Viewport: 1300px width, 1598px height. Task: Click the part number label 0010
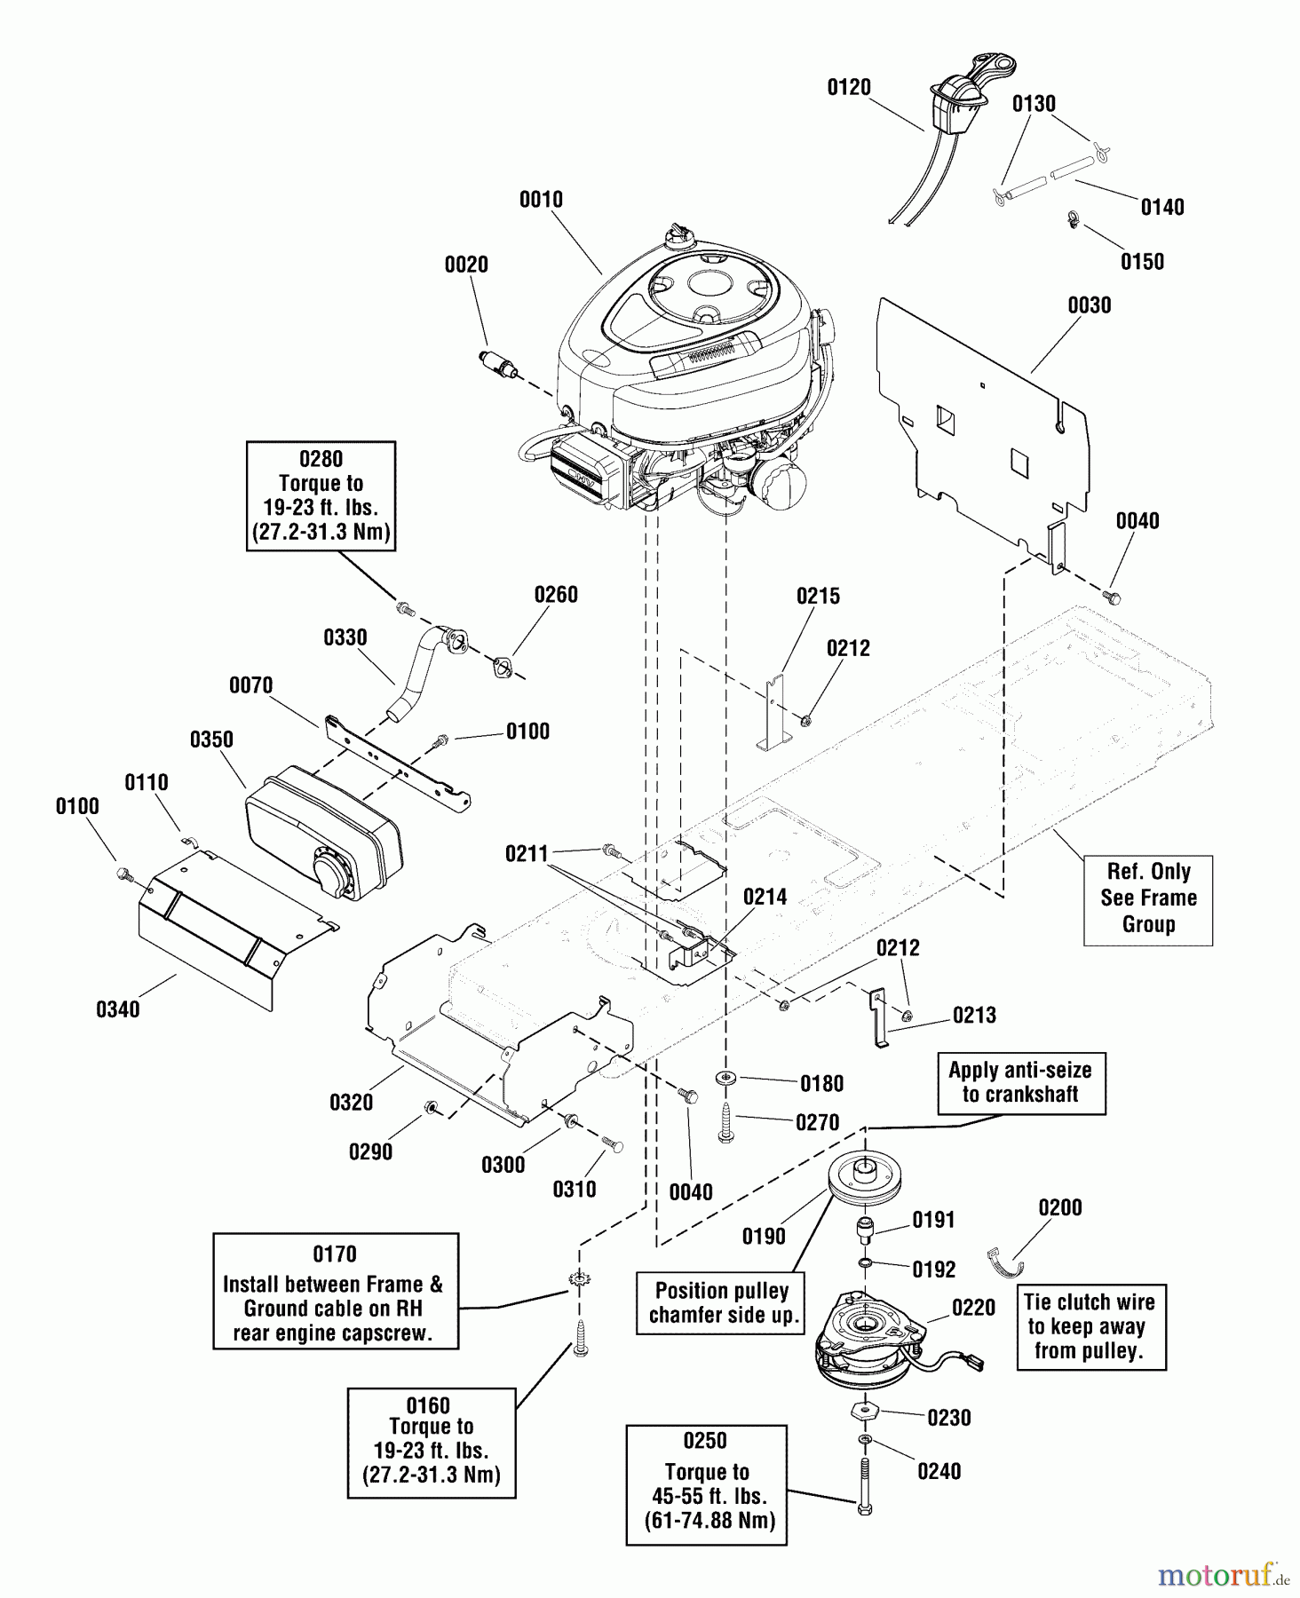(x=541, y=200)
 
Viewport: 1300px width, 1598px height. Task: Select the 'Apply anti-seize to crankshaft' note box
(x=1020, y=1082)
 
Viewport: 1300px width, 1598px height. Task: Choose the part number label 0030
(x=1089, y=305)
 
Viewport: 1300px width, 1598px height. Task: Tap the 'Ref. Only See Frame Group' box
(x=1147, y=898)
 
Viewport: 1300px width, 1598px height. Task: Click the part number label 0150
(x=1142, y=262)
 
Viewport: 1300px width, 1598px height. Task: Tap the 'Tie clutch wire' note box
(x=1090, y=1326)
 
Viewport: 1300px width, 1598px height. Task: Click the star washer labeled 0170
(x=578, y=1279)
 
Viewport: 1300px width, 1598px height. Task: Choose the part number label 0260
(x=556, y=595)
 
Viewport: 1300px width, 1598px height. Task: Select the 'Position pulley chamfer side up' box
(x=721, y=1302)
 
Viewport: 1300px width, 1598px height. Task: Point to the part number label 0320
(x=352, y=1103)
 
